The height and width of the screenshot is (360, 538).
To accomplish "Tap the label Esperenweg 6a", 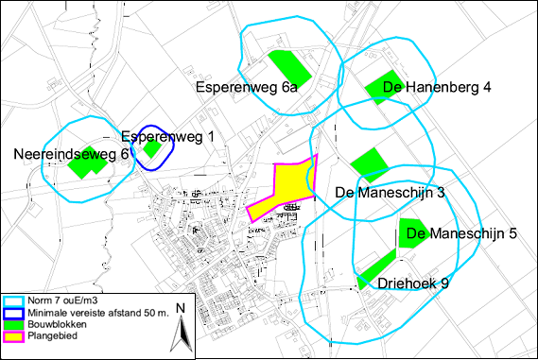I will pyautogui.click(x=247, y=87).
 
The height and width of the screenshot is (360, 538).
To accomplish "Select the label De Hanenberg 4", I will pyautogui.click(x=425, y=88).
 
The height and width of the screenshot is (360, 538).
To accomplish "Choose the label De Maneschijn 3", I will pyautogui.click(x=390, y=193).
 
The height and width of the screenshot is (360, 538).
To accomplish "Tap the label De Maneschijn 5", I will pyautogui.click(x=460, y=233).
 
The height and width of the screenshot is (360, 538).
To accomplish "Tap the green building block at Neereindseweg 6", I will pyautogui.click(x=87, y=164).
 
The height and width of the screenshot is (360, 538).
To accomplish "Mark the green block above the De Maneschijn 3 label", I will pyautogui.click(x=367, y=163).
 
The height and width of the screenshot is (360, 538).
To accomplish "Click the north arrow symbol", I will pyautogui.click(x=183, y=327).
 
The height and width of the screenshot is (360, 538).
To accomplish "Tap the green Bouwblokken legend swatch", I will pyautogui.click(x=14, y=323).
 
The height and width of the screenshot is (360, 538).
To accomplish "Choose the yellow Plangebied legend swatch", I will pyautogui.click(x=14, y=334).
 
